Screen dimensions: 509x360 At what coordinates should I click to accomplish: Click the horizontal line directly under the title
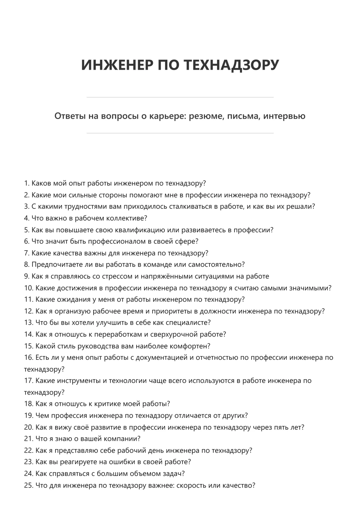click(x=180, y=97)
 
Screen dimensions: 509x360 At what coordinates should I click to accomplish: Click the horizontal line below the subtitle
click(x=180, y=133)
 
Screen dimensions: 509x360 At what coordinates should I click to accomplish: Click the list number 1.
click(x=27, y=184)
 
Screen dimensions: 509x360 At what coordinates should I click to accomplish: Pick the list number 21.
click(x=28, y=439)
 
